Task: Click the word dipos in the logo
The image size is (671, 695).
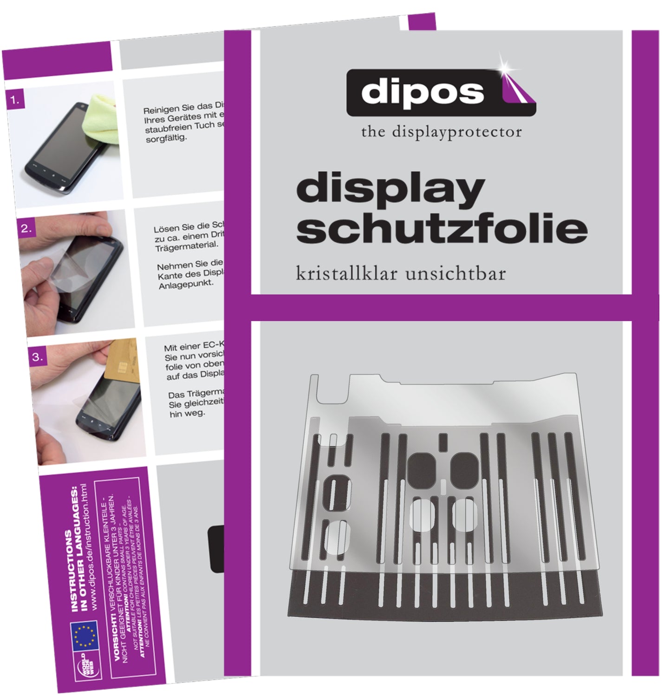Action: pyautogui.click(x=422, y=92)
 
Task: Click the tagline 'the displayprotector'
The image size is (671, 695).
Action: pyautogui.click(x=441, y=132)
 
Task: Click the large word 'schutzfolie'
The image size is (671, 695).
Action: pyautogui.click(x=442, y=228)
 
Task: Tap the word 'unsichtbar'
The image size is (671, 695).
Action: pyautogui.click(x=455, y=273)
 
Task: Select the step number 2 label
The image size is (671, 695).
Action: pyautogui.click(x=26, y=228)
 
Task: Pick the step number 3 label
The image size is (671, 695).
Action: pyautogui.click(x=37, y=357)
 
